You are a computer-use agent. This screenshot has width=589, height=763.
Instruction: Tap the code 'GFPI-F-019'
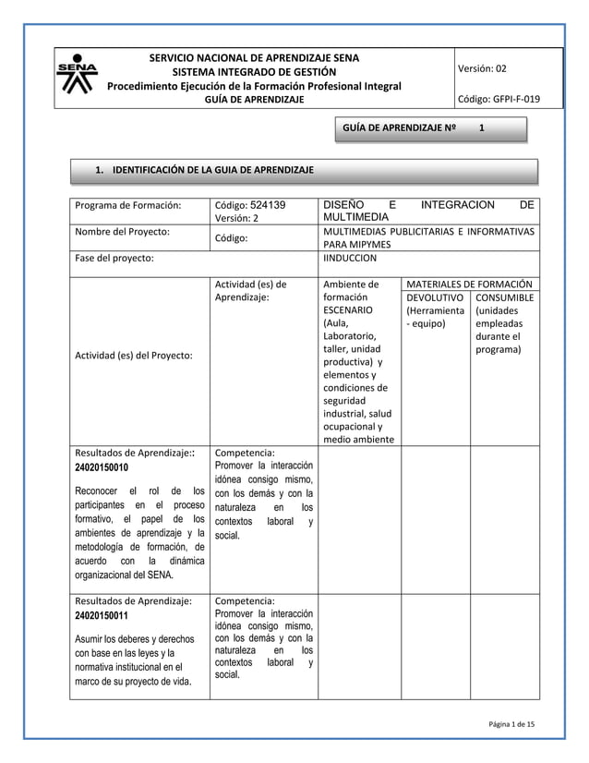[516, 99]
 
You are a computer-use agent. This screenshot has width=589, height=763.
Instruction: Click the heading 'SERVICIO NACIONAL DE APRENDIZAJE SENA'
[254, 58]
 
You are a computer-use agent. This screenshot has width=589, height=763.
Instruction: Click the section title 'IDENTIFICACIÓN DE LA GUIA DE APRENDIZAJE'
[212, 171]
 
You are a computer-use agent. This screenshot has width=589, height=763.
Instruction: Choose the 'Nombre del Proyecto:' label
[121, 231]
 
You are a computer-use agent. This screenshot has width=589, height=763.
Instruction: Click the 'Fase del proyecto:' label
[114, 259]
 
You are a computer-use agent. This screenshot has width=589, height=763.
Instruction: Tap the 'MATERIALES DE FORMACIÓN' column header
[471, 284]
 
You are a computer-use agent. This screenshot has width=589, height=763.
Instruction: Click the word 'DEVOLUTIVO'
[435, 297]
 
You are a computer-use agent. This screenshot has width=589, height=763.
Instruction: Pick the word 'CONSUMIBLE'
[503, 297]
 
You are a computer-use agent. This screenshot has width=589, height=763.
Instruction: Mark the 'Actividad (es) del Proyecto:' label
[135, 356]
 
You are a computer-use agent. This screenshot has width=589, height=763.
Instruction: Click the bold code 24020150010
[102, 468]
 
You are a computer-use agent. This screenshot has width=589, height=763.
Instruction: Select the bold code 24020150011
[102, 614]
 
